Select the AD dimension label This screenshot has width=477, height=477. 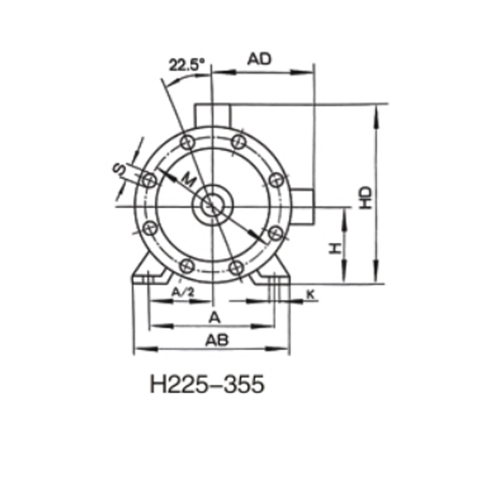coord(260,58)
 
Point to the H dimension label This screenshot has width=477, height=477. coord(336,248)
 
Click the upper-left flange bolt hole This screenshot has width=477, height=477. coord(187,141)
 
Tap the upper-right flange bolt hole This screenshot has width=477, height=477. coord(238,141)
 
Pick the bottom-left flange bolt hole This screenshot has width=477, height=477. coord(186,267)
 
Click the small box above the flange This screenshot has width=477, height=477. coord(211,114)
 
